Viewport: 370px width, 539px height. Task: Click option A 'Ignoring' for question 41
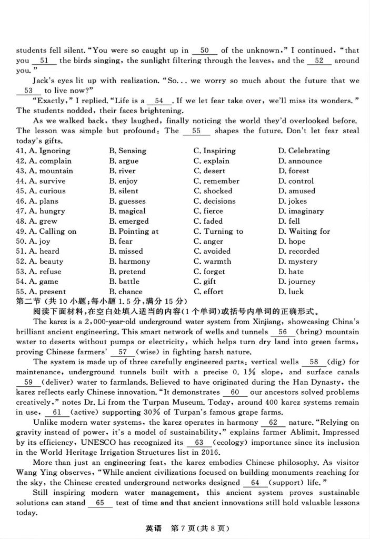tap(49, 151)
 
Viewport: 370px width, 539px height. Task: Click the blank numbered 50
tap(205, 51)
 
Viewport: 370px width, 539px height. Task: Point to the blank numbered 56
tap(282, 332)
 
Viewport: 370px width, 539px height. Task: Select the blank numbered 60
tap(235, 392)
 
